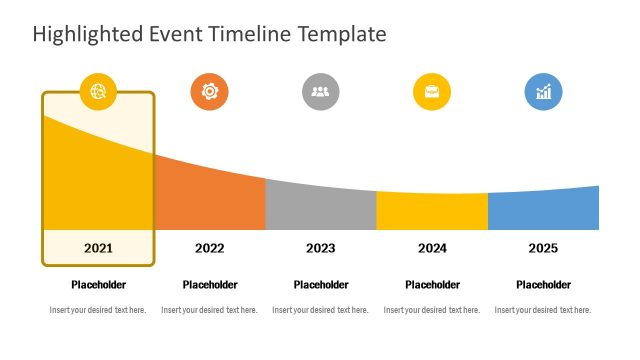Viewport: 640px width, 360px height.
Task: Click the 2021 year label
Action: click(x=98, y=248)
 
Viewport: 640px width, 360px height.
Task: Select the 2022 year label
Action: click(x=209, y=248)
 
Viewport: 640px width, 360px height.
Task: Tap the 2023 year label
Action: click(x=320, y=248)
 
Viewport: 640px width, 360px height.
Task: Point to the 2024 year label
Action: click(x=432, y=248)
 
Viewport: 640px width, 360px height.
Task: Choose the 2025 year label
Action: click(x=543, y=248)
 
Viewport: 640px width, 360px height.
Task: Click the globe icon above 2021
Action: click(x=98, y=92)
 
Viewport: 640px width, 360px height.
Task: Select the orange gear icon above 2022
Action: click(x=209, y=92)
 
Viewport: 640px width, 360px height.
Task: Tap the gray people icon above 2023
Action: click(x=320, y=92)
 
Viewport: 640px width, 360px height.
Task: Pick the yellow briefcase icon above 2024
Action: click(x=432, y=92)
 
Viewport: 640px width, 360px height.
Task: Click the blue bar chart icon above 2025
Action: click(x=543, y=92)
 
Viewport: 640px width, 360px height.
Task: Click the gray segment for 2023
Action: click(x=320, y=208)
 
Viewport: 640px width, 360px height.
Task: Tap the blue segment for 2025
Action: click(x=543, y=210)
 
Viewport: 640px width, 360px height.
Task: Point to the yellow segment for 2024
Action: click(x=432, y=212)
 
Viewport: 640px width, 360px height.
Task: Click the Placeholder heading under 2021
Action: click(x=98, y=285)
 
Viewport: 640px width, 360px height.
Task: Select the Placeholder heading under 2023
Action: click(x=320, y=285)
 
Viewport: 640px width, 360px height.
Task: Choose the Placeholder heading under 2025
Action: click(x=543, y=285)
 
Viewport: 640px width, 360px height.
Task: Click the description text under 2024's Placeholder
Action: click(x=432, y=310)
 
